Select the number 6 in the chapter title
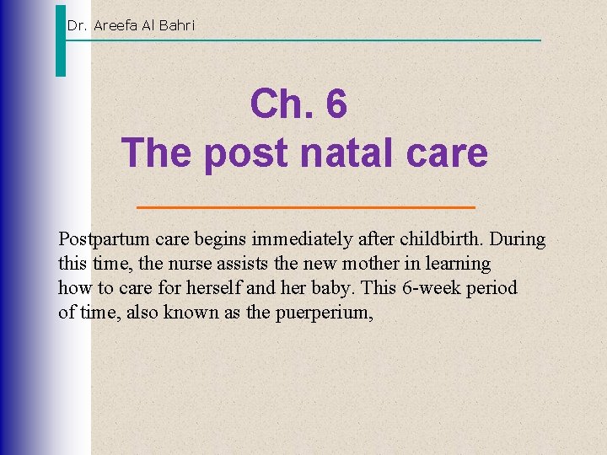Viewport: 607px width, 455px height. [x=336, y=104]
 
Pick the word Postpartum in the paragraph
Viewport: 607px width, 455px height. [x=99, y=239]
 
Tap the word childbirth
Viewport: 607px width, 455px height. [x=448, y=239]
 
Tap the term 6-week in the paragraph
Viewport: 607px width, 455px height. [x=432, y=288]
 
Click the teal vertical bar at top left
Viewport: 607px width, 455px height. [x=60, y=40]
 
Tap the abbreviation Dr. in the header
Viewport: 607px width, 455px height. [x=77, y=25]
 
